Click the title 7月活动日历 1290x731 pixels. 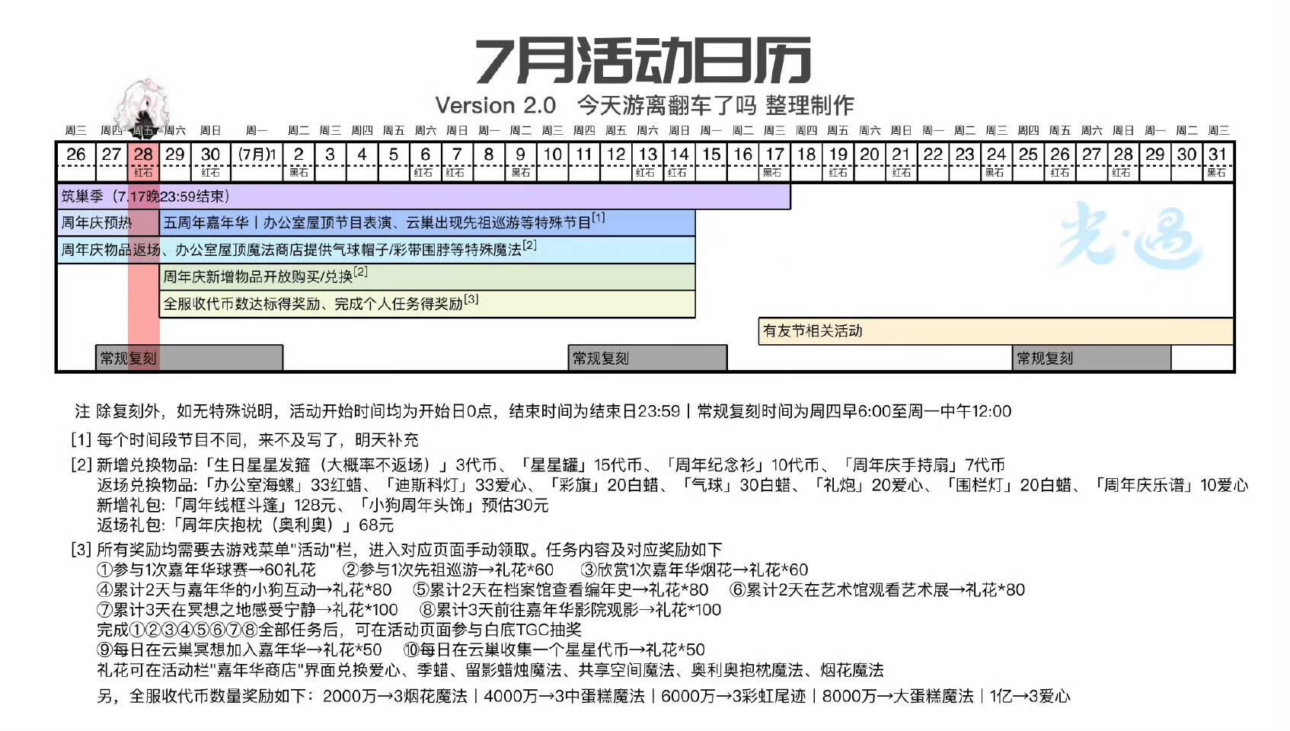pyautogui.click(x=643, y=61)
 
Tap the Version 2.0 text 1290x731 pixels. pyautogui.click(x=495, y=105)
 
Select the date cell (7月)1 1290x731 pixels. pyautogui.click(x=257, y=155)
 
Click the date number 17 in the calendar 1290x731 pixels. pyautogui.click(x=774, y=155)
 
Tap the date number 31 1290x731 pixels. pyautogui.click(x=1218, y=155)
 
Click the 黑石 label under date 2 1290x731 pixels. pyautogui.click(x=299, y=173)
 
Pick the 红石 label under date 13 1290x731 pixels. pyautogui.click(x=647, y=173)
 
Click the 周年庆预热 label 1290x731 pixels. pyautogui.click(x=96, y=223)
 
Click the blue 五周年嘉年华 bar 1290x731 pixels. pyautogui.click(x=426, y=223)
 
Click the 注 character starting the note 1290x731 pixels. pyautogui.click(x=82, y=412)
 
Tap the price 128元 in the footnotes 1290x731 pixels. pyautogui.click(x=315, y=506)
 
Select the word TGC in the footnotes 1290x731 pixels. pyautogui.click(x=533, y=630)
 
